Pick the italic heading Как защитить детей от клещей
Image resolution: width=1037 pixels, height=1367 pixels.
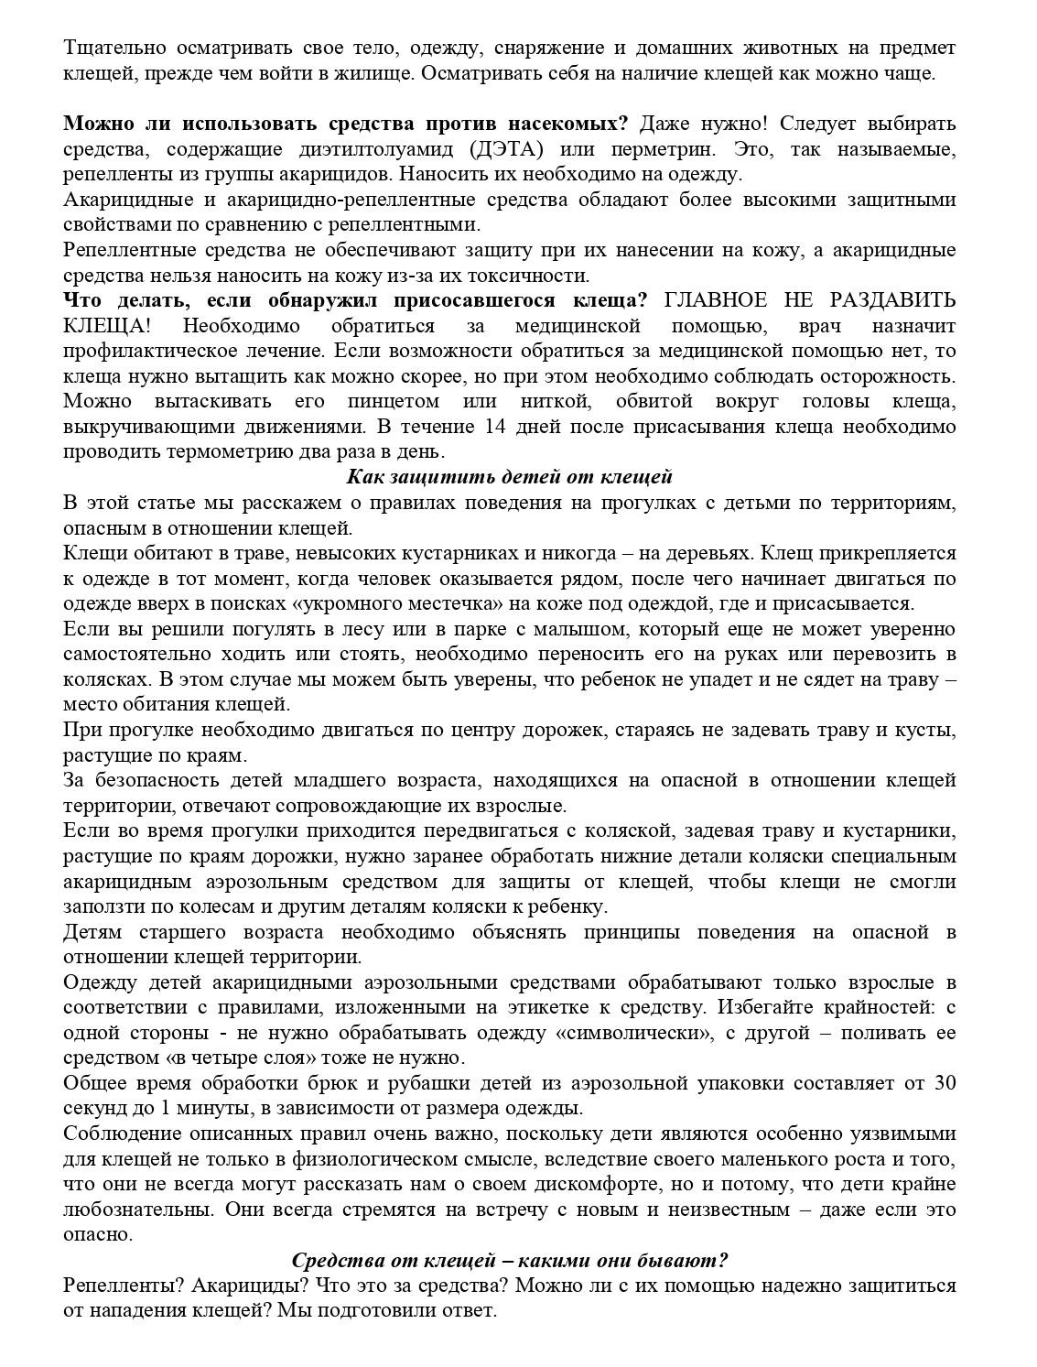click(x=510, y=476)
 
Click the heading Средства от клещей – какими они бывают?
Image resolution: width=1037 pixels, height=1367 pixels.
click(x=510, y=1260)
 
